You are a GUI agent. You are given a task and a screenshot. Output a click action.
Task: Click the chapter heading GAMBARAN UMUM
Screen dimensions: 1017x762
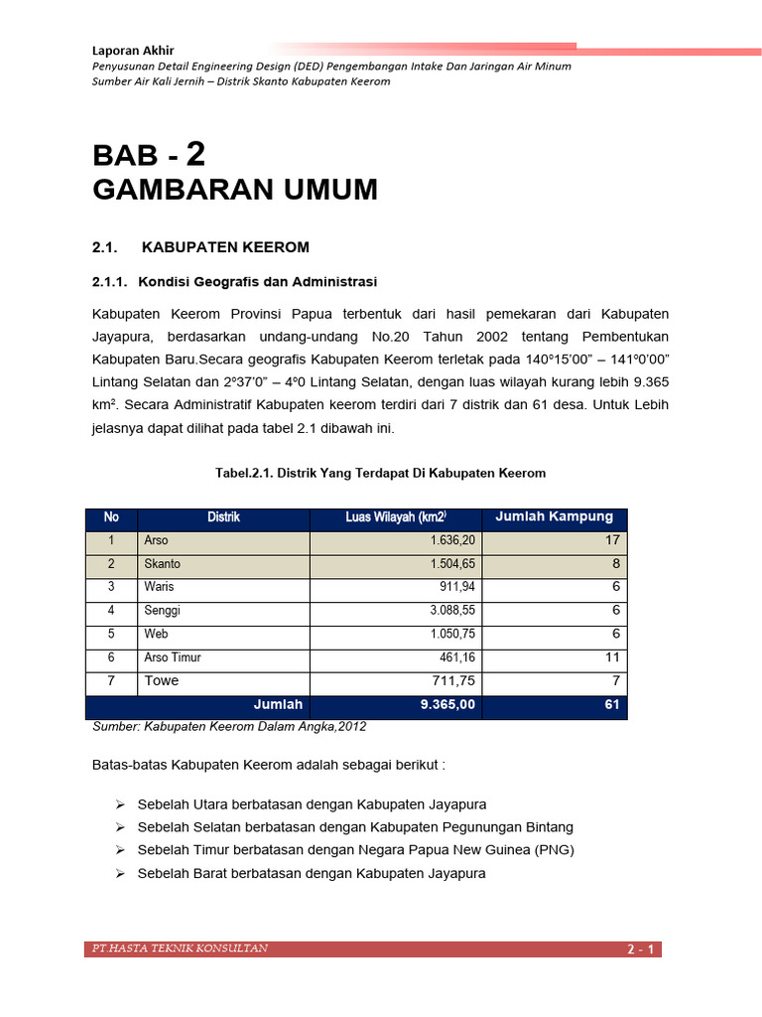pos(235,190)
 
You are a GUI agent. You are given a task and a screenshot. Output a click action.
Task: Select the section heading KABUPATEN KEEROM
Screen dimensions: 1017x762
pos(226,246)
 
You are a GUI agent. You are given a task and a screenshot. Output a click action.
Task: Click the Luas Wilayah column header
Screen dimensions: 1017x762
pos(396,517)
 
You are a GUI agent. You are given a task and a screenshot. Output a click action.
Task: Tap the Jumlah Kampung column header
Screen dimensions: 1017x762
pos(554,516)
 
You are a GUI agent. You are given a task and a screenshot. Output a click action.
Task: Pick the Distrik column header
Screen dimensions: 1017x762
pos(223,517)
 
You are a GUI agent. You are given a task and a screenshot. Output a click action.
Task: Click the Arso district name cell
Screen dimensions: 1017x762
pos(157,541)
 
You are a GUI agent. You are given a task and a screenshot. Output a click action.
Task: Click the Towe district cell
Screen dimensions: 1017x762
pos(162,681)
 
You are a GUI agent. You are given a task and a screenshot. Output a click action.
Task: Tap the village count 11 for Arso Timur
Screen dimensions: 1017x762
pos(612,657)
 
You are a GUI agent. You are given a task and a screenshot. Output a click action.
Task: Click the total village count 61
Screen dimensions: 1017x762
pos(612,704)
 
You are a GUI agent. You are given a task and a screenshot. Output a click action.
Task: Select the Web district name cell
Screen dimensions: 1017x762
pos(156,635)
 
